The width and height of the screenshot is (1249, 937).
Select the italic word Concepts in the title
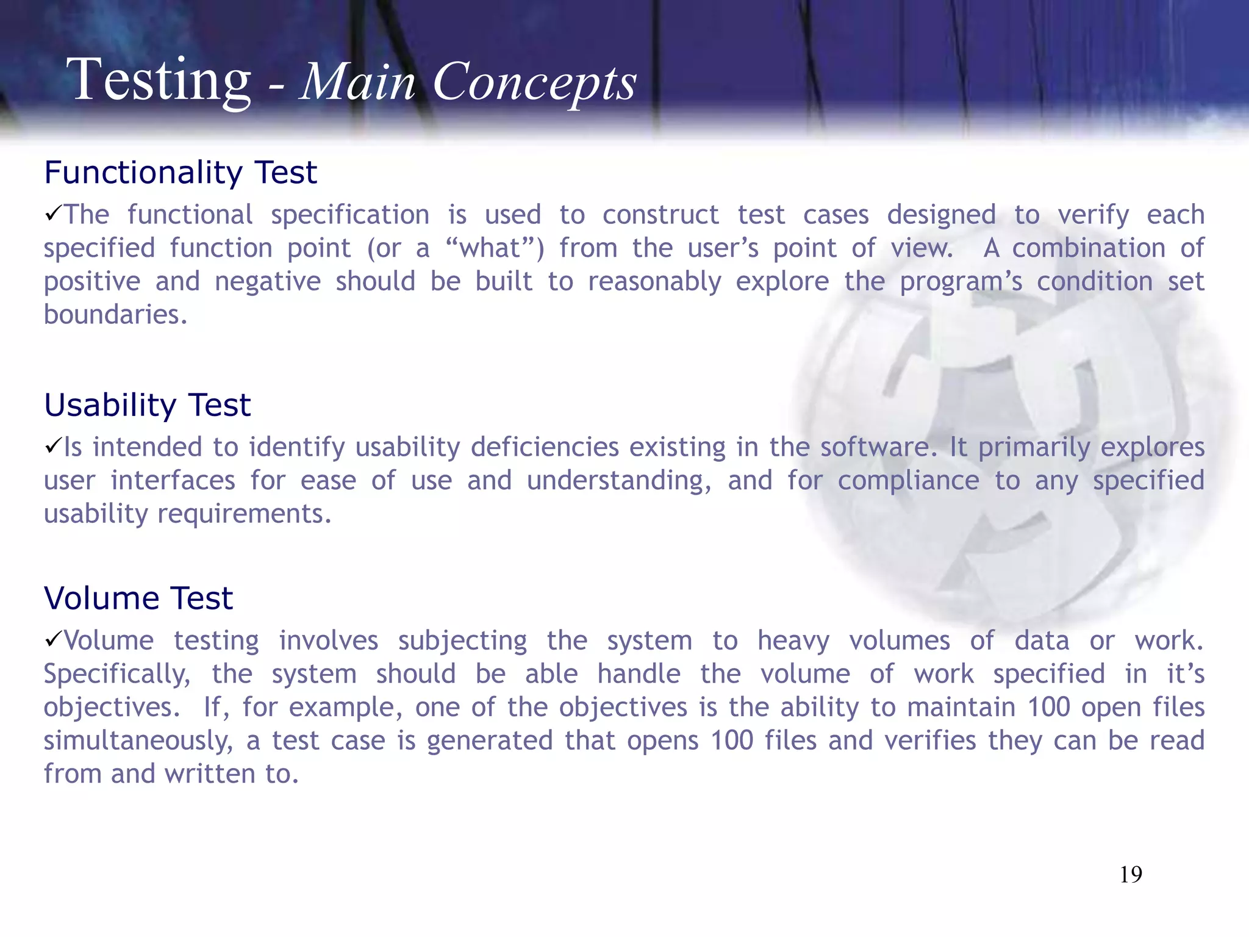tap(534, 83)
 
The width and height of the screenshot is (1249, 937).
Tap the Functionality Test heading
tap(181, 173)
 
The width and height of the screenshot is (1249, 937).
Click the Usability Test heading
tap(147, 405)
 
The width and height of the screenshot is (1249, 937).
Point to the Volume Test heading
tap(138, 598)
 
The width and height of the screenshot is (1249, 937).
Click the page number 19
tap(1131, 875)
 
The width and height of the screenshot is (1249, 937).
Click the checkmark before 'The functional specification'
tap(53, 214)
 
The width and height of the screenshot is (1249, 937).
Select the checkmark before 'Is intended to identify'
tap(53, 446)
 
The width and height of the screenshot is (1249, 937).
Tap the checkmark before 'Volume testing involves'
tap(53, 639)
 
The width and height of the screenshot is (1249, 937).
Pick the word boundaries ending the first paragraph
tap(115, 315)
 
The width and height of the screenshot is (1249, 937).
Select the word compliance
tap(908, 481)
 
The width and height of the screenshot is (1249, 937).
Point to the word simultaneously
tap(138, 741)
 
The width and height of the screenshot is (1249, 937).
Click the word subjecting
tap(462, 641)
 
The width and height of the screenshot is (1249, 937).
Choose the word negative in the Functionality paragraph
tap(267, 282)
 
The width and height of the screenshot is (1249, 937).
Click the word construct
tap(660, 215)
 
